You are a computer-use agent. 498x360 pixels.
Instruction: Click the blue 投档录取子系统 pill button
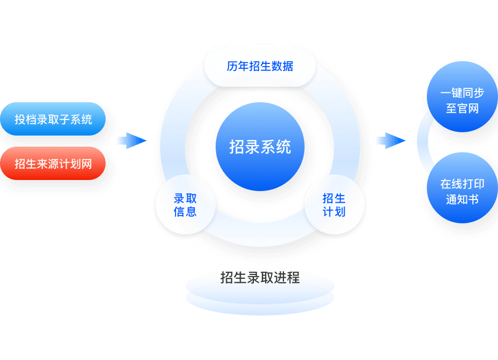click(x=53, y=119)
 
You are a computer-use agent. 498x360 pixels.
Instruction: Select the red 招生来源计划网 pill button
click(x=53, y=163)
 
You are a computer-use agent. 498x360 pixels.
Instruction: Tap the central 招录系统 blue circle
click(x=260, y=147)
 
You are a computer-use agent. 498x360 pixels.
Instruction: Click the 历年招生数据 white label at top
click(x=260, y=66)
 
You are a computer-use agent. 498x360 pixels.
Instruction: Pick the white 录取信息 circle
click(x=185, y=205)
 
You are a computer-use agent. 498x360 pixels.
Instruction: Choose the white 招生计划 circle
click(x=334, y=205)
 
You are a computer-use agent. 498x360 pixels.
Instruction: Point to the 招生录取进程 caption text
click(x=260, y=277)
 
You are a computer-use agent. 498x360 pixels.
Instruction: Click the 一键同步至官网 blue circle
click(x=462, y=101)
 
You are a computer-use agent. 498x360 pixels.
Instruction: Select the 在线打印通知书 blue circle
click(x=462, y=192)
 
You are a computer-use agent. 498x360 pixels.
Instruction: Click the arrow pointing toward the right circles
click(x=388, y=141)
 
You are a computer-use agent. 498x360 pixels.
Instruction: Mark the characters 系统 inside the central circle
click(x=276, y=147)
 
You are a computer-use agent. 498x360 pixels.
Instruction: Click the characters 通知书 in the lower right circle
click(x=462, y=199)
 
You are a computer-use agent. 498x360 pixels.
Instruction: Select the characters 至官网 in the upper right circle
click(x=462, y=108)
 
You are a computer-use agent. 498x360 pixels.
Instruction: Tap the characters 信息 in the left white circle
click(x=185, y=212)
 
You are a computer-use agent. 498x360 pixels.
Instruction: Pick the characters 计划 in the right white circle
click(x=334, y=212)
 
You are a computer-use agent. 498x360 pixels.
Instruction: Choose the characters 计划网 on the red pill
click(x=78, y=163)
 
